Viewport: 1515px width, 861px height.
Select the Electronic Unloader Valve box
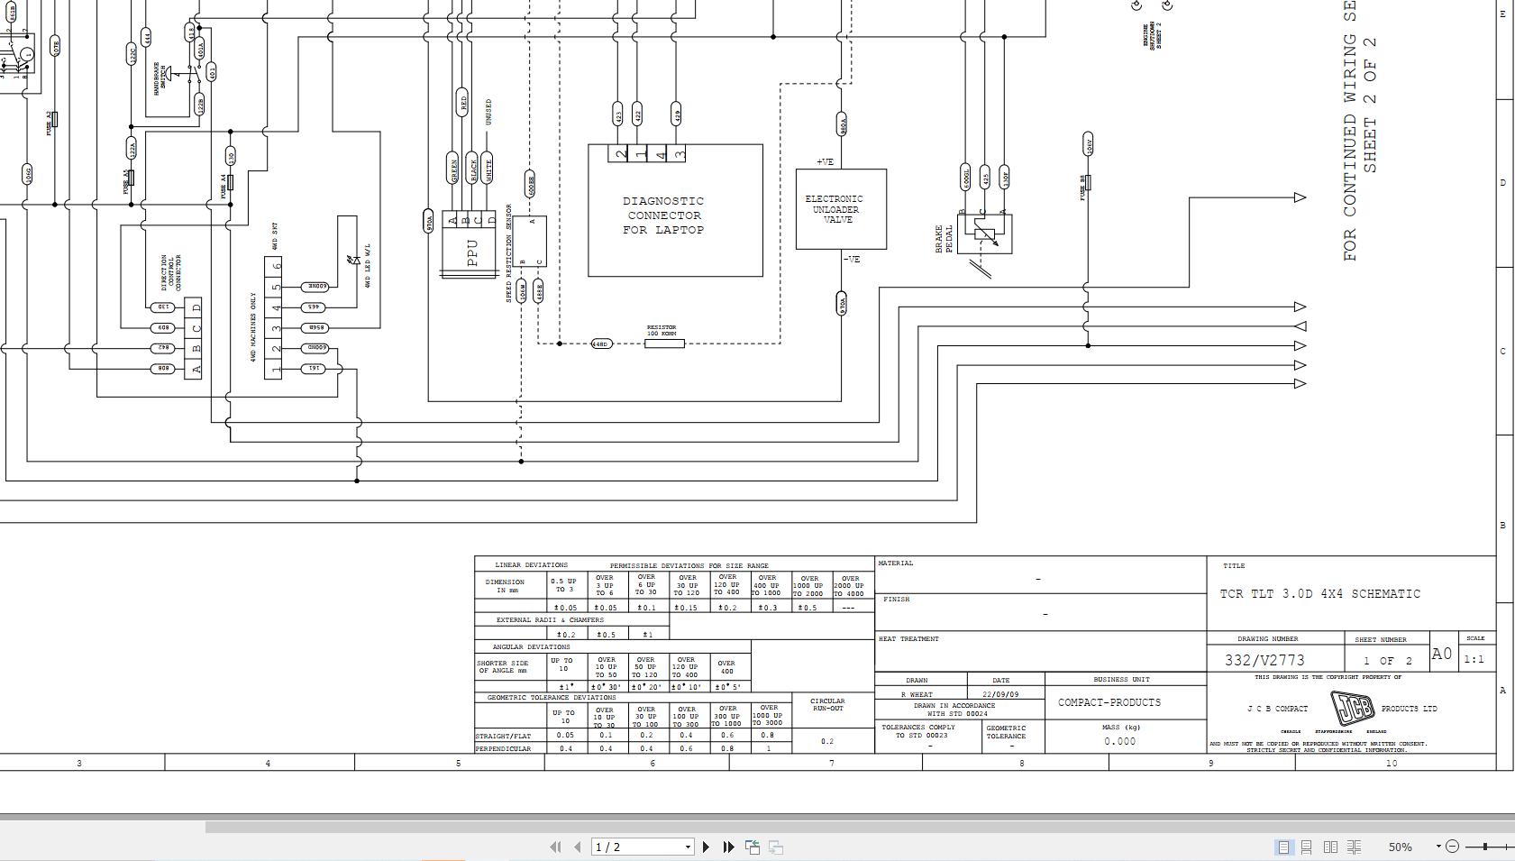coord(840,209)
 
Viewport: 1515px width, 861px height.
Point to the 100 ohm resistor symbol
coord(663,343)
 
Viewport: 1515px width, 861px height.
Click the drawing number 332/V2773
coord(1264,660)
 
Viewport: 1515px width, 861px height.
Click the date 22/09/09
coord(1000,694)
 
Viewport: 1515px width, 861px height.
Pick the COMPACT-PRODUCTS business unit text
coord(1109,702)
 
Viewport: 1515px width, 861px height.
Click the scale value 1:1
coord(1474,659)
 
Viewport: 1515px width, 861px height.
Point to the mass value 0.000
coord(1119,741)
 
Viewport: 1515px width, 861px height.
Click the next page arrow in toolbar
coord(706,847)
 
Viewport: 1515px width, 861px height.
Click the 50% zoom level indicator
coord(1400,847)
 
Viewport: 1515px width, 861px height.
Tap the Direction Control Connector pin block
coord(193,338)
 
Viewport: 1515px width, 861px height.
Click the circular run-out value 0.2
coord(826,741)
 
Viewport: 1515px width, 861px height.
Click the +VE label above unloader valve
coord(825,162)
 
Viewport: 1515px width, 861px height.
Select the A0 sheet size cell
coord(1441,654)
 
